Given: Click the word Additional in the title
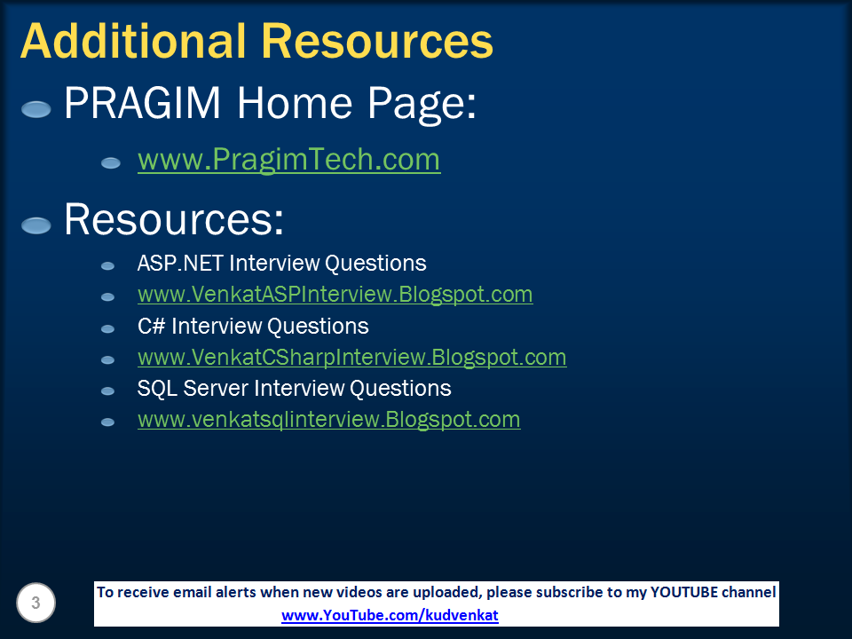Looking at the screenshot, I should (133, 41).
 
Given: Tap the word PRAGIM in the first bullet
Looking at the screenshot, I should (142, 104).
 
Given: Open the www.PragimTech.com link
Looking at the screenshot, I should (288, 160).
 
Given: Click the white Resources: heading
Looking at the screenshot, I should (173, 219).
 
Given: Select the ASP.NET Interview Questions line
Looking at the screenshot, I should (281, 264).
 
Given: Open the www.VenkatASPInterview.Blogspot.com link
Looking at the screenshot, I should (335, 294).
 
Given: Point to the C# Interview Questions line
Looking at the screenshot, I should (253, 326).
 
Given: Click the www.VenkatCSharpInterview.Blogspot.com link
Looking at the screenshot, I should (351, 358).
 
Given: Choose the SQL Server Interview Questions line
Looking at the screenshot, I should (294, 389).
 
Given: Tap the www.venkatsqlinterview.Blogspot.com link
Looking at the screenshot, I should (328, 419).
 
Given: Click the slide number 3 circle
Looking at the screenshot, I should (35, 603).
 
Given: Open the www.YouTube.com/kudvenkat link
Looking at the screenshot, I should (390, 614).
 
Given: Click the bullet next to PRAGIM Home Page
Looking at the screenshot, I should (36, 109).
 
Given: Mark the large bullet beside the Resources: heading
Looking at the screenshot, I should (36, 225).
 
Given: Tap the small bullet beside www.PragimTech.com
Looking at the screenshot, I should (111, 163).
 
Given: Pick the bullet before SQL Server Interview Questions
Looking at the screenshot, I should (108, 391).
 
